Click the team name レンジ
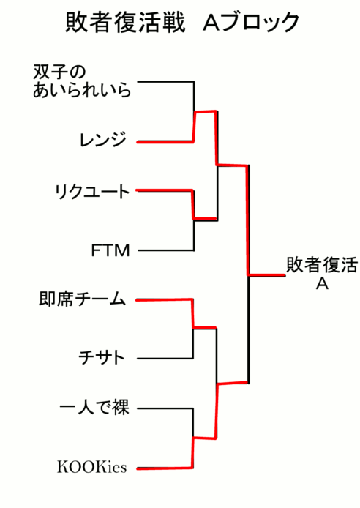point(102,140)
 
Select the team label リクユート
point(92,192)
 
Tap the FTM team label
point(110,250)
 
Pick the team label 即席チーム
point(82,299)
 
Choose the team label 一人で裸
point(94,407)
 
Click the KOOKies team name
point(92,467)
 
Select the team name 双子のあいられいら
point(82,81)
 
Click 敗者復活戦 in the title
point(125,23)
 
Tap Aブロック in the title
point(251,23)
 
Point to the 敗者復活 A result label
point(322,274)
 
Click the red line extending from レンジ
point(165,142)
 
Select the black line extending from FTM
point(166,250)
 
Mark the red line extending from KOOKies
point(165,468)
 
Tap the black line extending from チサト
point(165,359)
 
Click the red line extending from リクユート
point(165,190)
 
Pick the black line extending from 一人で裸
point(165,408)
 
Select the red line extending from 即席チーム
point(164,299)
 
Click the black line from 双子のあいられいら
point(166,82)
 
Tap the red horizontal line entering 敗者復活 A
point(267,275)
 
